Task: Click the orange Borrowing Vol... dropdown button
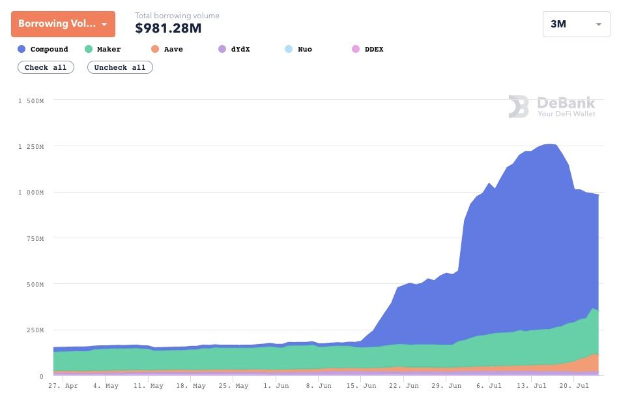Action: click(63, 24)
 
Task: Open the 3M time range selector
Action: click(576, 24)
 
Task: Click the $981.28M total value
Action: click(168, 28)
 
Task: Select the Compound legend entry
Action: click(43, 49)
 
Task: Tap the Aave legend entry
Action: click(167, 49)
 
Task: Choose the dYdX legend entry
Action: click(235, 49)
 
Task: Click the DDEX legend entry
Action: click(367, 49)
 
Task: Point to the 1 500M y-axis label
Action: click(31, 101)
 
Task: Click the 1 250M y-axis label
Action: click(31, 147)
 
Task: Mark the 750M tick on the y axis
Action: click(33, 239)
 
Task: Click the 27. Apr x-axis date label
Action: click(63, 386)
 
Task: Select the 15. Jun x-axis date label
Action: click(362, 386)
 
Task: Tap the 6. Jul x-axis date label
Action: click(489, 386)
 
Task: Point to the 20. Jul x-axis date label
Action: click(573, 386)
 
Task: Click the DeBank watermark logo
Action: click(552, 106)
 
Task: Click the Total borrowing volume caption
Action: click(177, 16)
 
